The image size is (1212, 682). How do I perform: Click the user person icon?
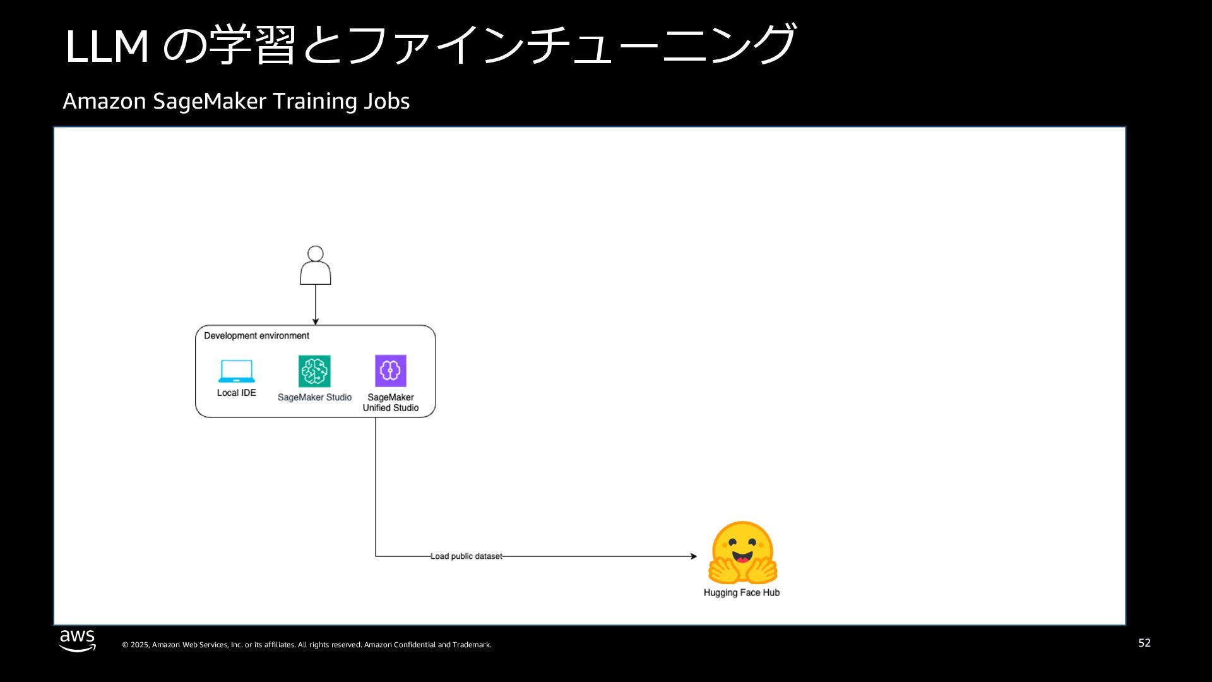click(315, 266)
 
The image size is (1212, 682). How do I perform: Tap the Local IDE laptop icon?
click(237, 371)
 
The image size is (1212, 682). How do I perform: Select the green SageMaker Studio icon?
click(314, 371)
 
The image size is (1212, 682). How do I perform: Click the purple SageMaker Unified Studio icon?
click(391, 371)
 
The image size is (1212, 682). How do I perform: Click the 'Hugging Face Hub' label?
click(742, 592)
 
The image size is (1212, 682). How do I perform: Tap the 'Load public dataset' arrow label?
click(466, 556)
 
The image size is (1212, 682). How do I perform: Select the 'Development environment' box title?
click(256, 336)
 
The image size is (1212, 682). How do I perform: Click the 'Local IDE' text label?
click(237, 393)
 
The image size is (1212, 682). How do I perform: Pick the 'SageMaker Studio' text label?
click(314, 397)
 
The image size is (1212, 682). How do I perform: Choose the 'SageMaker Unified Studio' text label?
click(391, 402)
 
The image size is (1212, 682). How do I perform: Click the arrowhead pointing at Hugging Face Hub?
click(694, 556)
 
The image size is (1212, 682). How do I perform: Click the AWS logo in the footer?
click(78, 640)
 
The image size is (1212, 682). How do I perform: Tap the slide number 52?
click(1144, 643)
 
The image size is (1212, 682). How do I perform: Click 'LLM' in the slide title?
click(107, 46)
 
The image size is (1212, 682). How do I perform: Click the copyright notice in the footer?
click(307, 645)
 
